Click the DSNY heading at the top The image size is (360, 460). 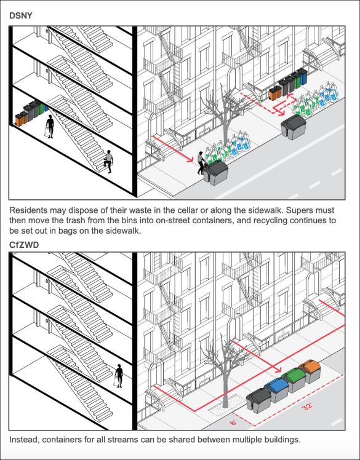click(21, 14)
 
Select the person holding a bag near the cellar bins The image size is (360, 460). click(49, 127)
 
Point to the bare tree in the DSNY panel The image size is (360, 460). click(229, 120)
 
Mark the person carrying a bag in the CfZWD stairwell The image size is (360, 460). click(119, 375)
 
